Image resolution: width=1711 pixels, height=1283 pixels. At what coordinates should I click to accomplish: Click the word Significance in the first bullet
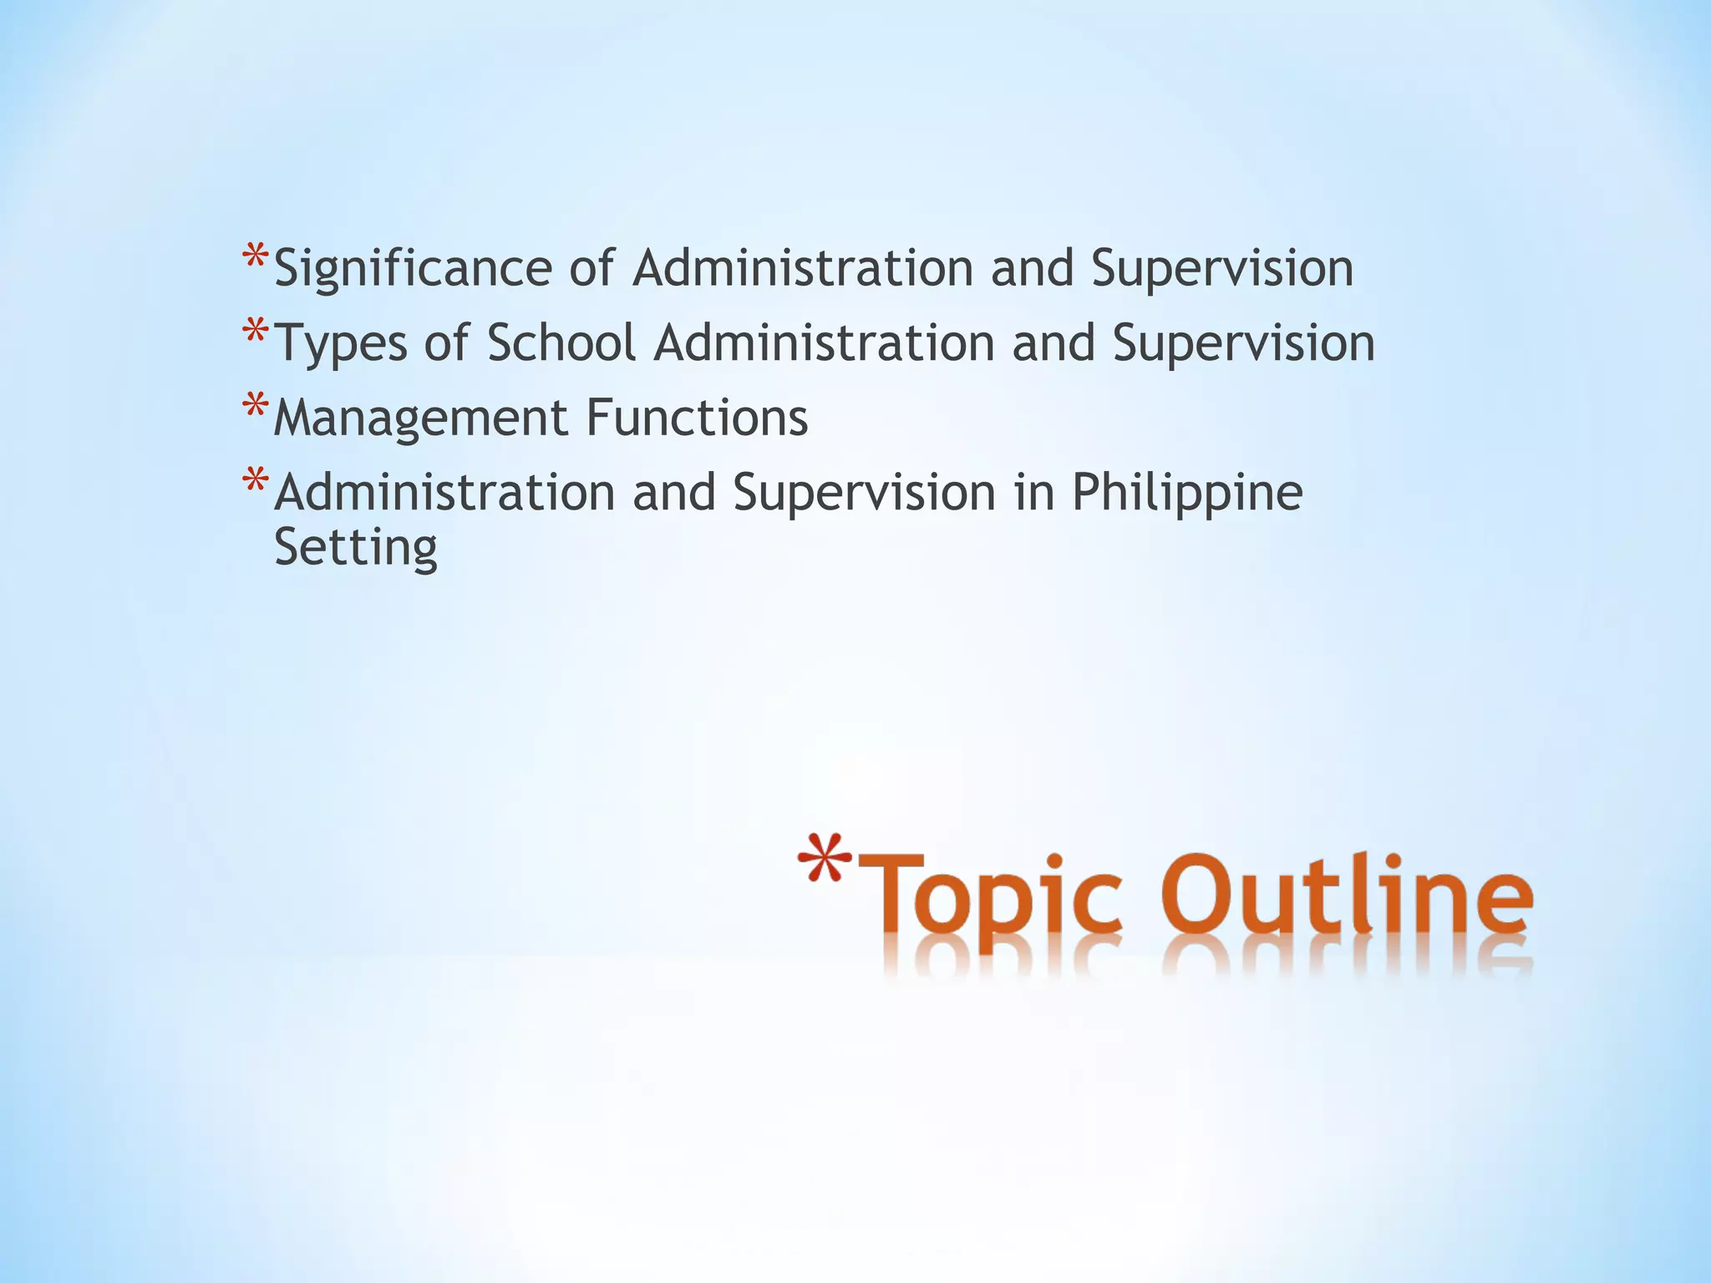point(413,269)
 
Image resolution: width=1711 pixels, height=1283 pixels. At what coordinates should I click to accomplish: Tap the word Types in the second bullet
point(341,344)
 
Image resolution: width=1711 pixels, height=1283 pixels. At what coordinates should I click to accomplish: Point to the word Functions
point(697,417)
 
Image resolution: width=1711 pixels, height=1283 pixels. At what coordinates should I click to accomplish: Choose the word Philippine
point(1186,493)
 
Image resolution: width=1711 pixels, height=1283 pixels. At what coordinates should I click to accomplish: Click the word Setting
point(356,548)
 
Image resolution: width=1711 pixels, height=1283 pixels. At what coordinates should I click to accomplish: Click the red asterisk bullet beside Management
point(255,407)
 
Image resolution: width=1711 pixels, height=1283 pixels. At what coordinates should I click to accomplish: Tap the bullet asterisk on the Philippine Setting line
point(255,482)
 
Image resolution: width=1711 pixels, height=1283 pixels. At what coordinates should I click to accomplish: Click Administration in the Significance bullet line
point(802,268)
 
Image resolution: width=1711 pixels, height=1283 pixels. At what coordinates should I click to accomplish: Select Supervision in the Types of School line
point(1243,342)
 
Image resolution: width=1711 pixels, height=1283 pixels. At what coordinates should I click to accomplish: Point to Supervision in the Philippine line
point(864,493)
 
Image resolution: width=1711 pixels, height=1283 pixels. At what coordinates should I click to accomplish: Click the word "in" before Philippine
point(1033,492)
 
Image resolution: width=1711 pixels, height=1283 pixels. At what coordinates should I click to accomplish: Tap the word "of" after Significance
point(591,268)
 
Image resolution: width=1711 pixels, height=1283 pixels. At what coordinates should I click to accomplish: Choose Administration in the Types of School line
point(824,342)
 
